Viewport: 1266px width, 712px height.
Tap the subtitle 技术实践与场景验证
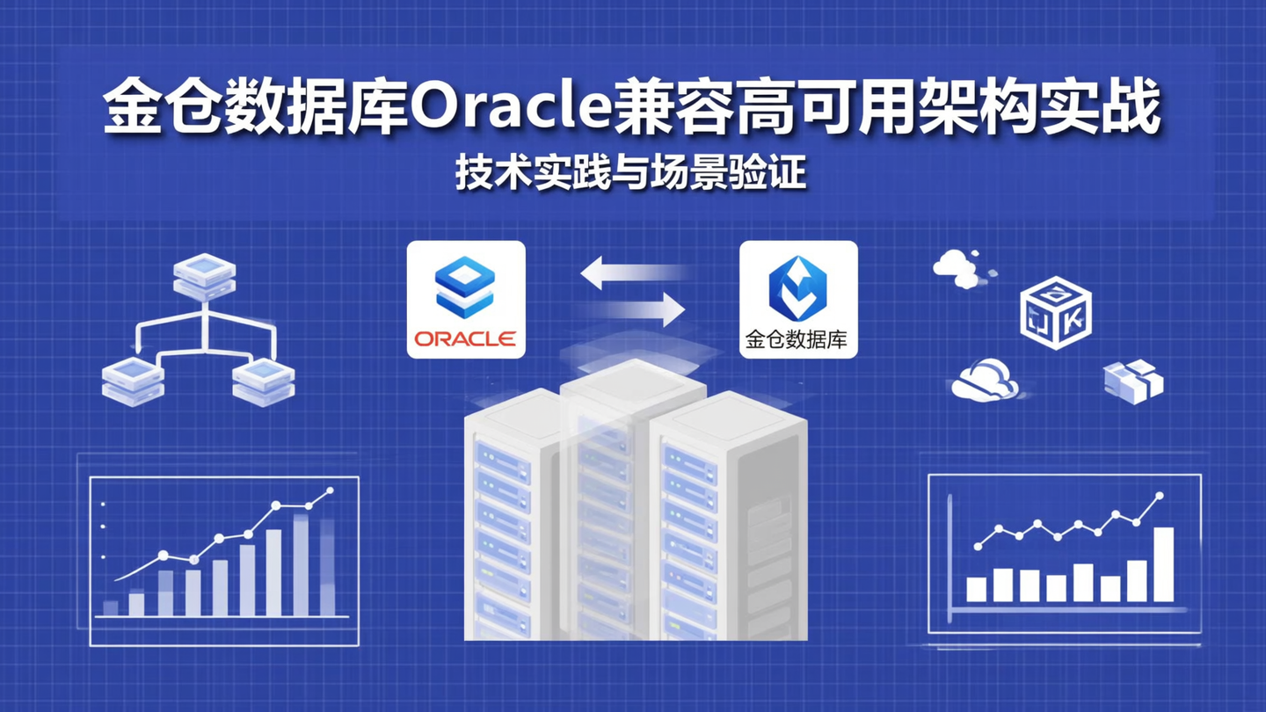(630, 174)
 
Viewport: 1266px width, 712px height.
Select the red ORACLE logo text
(465, 338)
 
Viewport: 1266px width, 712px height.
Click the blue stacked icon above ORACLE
(465, 286)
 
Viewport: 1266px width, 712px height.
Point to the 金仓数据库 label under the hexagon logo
(797, 340)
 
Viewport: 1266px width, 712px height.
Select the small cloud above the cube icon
(958, 267)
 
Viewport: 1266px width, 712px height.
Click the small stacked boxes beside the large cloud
(1132, 381)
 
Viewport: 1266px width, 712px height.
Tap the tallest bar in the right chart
(1163, 564)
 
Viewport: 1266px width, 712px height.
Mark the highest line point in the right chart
(1159, 496)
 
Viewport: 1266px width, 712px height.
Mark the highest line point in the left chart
(330, 490)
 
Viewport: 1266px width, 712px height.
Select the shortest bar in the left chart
(111, 607)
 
